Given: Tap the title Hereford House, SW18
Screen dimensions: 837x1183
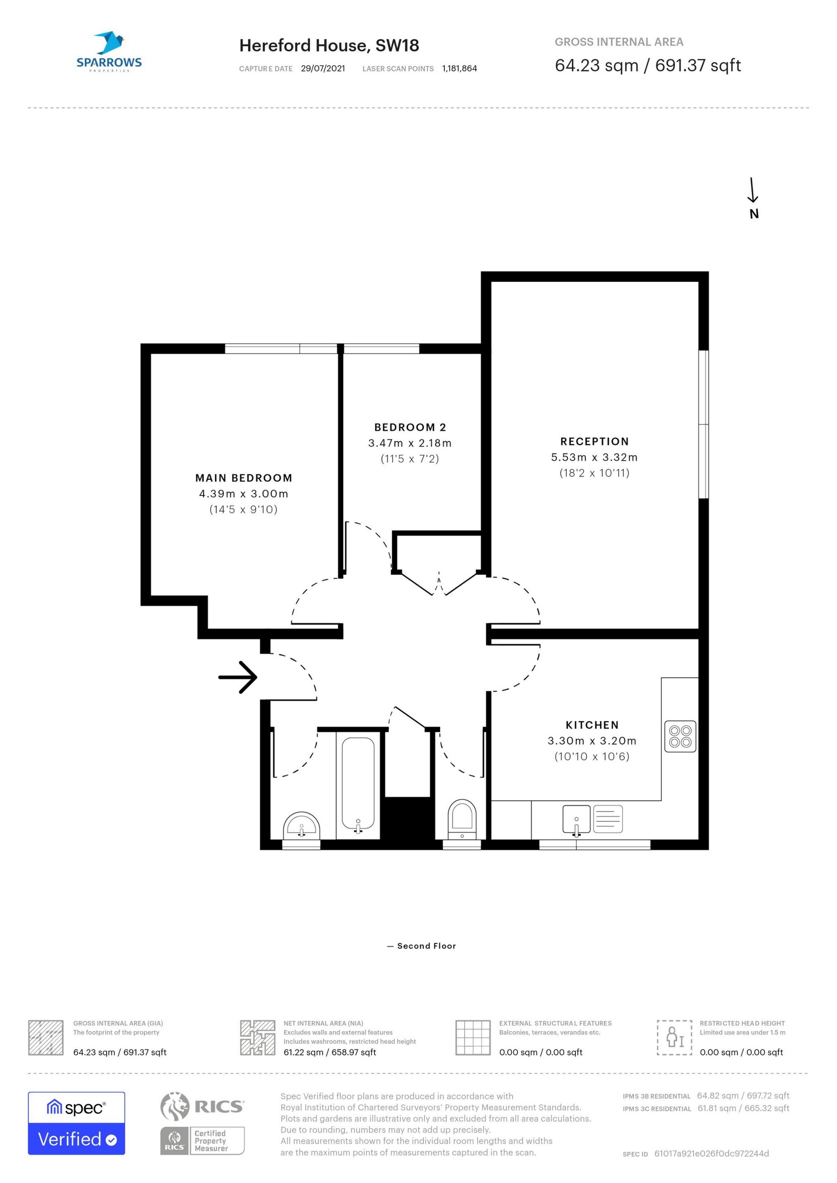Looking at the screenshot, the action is coord(329,46).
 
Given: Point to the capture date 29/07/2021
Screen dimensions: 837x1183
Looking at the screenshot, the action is coord(323,69).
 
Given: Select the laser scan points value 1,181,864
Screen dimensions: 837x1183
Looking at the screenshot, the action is coord(459,69).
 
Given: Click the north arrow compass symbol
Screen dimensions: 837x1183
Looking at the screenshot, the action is coord(754,198).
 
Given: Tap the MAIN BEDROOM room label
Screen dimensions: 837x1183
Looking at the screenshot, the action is coord(244,478).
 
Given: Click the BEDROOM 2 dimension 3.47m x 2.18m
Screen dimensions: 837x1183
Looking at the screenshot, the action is coord(410,443).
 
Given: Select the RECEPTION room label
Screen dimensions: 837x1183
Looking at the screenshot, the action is coord(595,442).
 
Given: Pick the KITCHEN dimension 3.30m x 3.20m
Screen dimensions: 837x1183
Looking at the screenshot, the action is coord(591,741).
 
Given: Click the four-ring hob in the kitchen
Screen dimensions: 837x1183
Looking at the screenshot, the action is coord(680,736).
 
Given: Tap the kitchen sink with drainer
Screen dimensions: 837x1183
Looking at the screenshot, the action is coord(592,819).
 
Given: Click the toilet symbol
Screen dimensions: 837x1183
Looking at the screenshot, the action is coord(462,820).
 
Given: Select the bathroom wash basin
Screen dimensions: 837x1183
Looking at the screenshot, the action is coord(301,826).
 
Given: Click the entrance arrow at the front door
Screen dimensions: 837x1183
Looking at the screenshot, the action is coord(238,677).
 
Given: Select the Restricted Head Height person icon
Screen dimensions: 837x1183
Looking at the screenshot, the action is coord(674,1038).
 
